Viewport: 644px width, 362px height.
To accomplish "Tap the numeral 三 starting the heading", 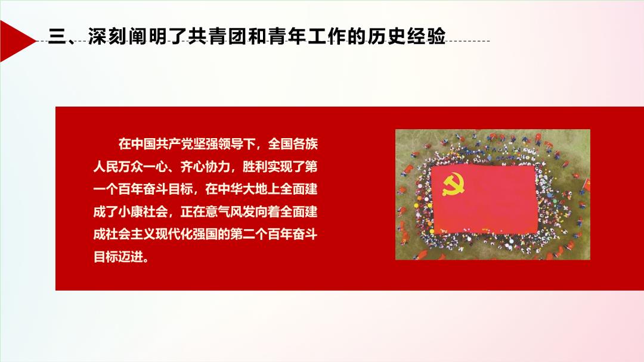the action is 57,36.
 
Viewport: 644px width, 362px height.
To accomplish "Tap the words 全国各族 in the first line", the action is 292,144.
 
